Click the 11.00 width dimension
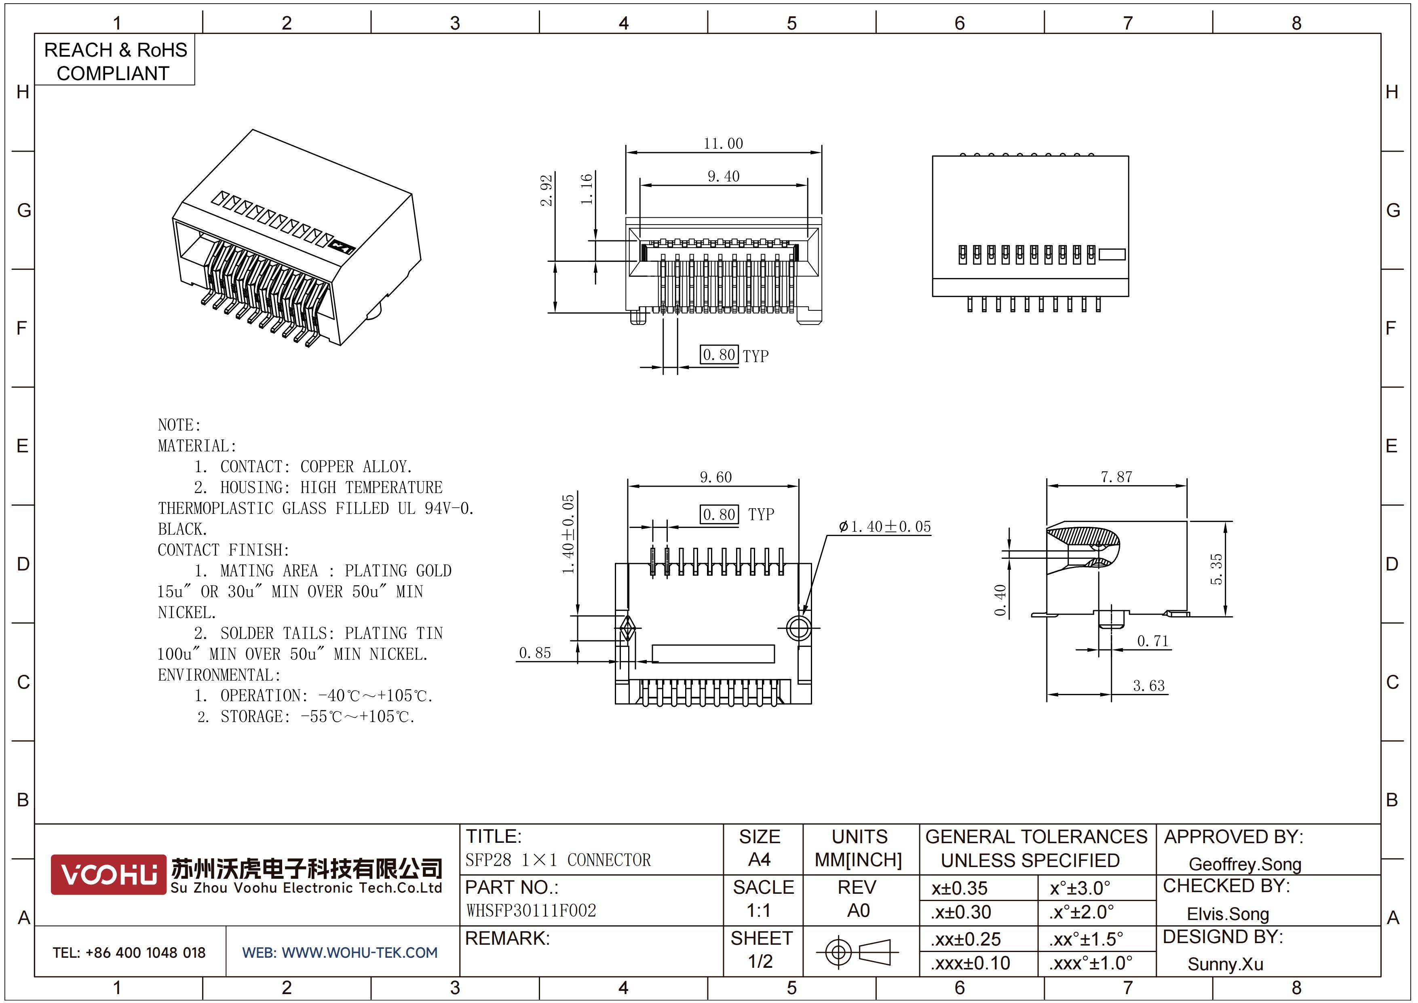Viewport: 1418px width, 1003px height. (x=723, y=144)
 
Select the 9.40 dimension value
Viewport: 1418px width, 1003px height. (x=723, y=177)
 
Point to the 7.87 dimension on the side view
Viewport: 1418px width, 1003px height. (x=1116, y=477)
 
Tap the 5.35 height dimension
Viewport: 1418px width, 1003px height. (x=1216, y=569)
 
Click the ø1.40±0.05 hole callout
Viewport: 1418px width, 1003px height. (x=884, y=526)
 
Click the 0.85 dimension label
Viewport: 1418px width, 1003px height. (x=535, y=653)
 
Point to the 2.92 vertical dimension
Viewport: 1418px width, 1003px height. (x=546, y=190)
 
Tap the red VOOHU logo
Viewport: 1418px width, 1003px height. (x=109, y=874)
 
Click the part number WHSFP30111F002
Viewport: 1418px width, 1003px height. (x=531, y=911)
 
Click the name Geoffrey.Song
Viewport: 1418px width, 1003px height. (x=1245, y=864)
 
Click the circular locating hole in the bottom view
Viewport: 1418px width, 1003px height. (x=799, y=628)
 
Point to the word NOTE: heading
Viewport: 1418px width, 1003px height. (x=179, y=425)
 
